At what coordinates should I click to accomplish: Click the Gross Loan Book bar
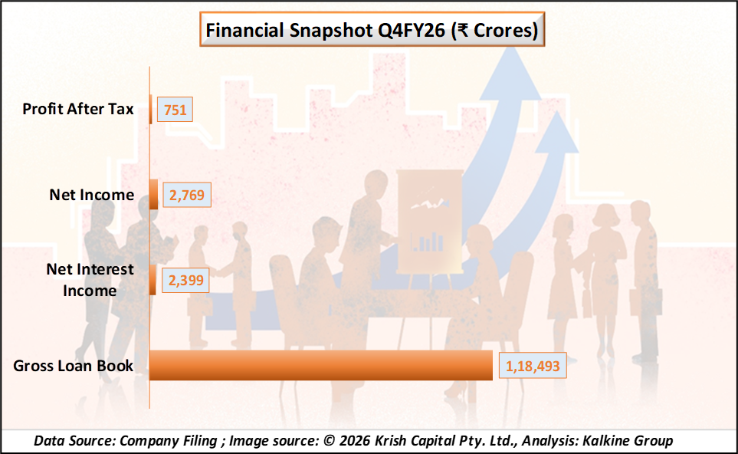(320, 365)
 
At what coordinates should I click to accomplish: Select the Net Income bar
(153, 195)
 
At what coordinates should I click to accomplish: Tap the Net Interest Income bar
(153, 280)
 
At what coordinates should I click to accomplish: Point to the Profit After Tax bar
(150, 110)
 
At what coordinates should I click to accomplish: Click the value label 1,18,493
(533, 367)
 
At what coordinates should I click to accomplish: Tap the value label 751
(175, 110)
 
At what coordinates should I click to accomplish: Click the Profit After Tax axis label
(78, 109)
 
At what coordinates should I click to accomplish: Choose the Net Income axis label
(92, 195)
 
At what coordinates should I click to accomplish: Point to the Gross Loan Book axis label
(74, 366)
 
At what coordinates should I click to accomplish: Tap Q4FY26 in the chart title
(410, 31)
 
